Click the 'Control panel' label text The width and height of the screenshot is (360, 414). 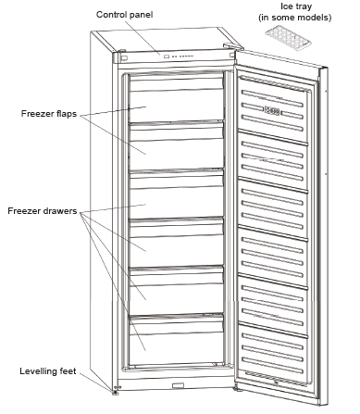[130, 15]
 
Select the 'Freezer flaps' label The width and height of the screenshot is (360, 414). [47, 115]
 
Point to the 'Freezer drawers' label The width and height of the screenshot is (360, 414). [43, 210]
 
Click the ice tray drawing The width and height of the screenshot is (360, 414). [285, 38]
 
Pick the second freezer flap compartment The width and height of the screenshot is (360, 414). [176, 148]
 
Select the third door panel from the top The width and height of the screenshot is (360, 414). [277, 205]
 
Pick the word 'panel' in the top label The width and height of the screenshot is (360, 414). [150, 15]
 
